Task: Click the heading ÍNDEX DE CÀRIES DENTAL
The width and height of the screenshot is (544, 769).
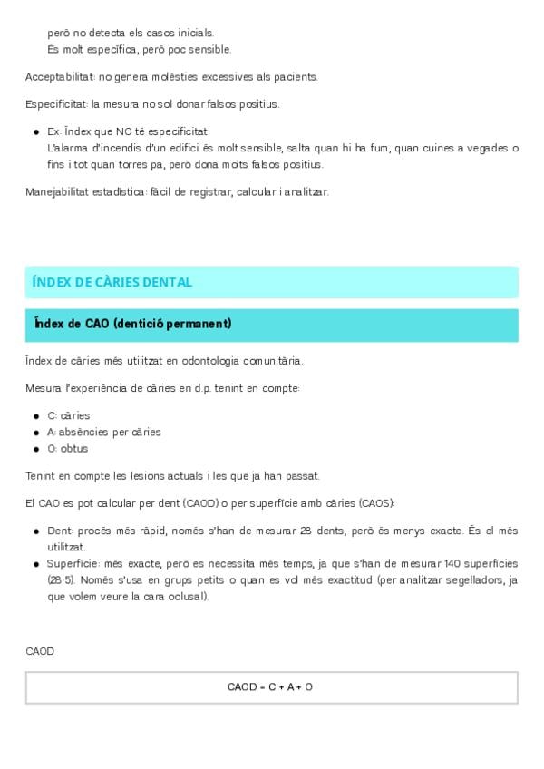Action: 112,282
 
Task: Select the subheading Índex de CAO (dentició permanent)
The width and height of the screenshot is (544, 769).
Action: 132,324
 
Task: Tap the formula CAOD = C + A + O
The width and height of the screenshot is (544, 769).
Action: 270,687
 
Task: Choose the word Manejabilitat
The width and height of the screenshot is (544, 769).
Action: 56,192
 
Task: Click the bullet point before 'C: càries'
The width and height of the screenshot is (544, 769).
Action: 35,415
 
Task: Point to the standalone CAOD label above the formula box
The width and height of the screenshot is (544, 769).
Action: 40,651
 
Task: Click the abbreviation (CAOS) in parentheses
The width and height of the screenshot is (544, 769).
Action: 374,503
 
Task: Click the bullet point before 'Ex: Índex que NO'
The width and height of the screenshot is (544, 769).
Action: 35,131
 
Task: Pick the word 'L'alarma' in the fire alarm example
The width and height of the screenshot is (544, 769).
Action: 67,148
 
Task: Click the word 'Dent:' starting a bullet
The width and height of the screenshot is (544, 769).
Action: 61,531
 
